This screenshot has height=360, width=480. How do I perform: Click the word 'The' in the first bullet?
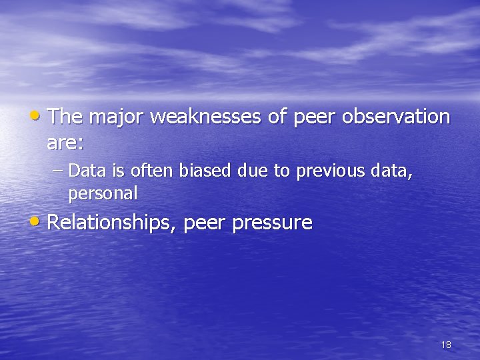pyautogui.click(x=65, y=117)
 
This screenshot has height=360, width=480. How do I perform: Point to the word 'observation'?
pyautogui.click(x=396, y=117)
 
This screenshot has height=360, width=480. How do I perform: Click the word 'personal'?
pyautogui.click(x=103, y=194)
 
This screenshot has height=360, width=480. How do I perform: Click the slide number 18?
pyautogui.click(x=446, y=345)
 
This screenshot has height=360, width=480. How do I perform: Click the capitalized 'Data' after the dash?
pyautogui.click(x=83, y=171)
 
